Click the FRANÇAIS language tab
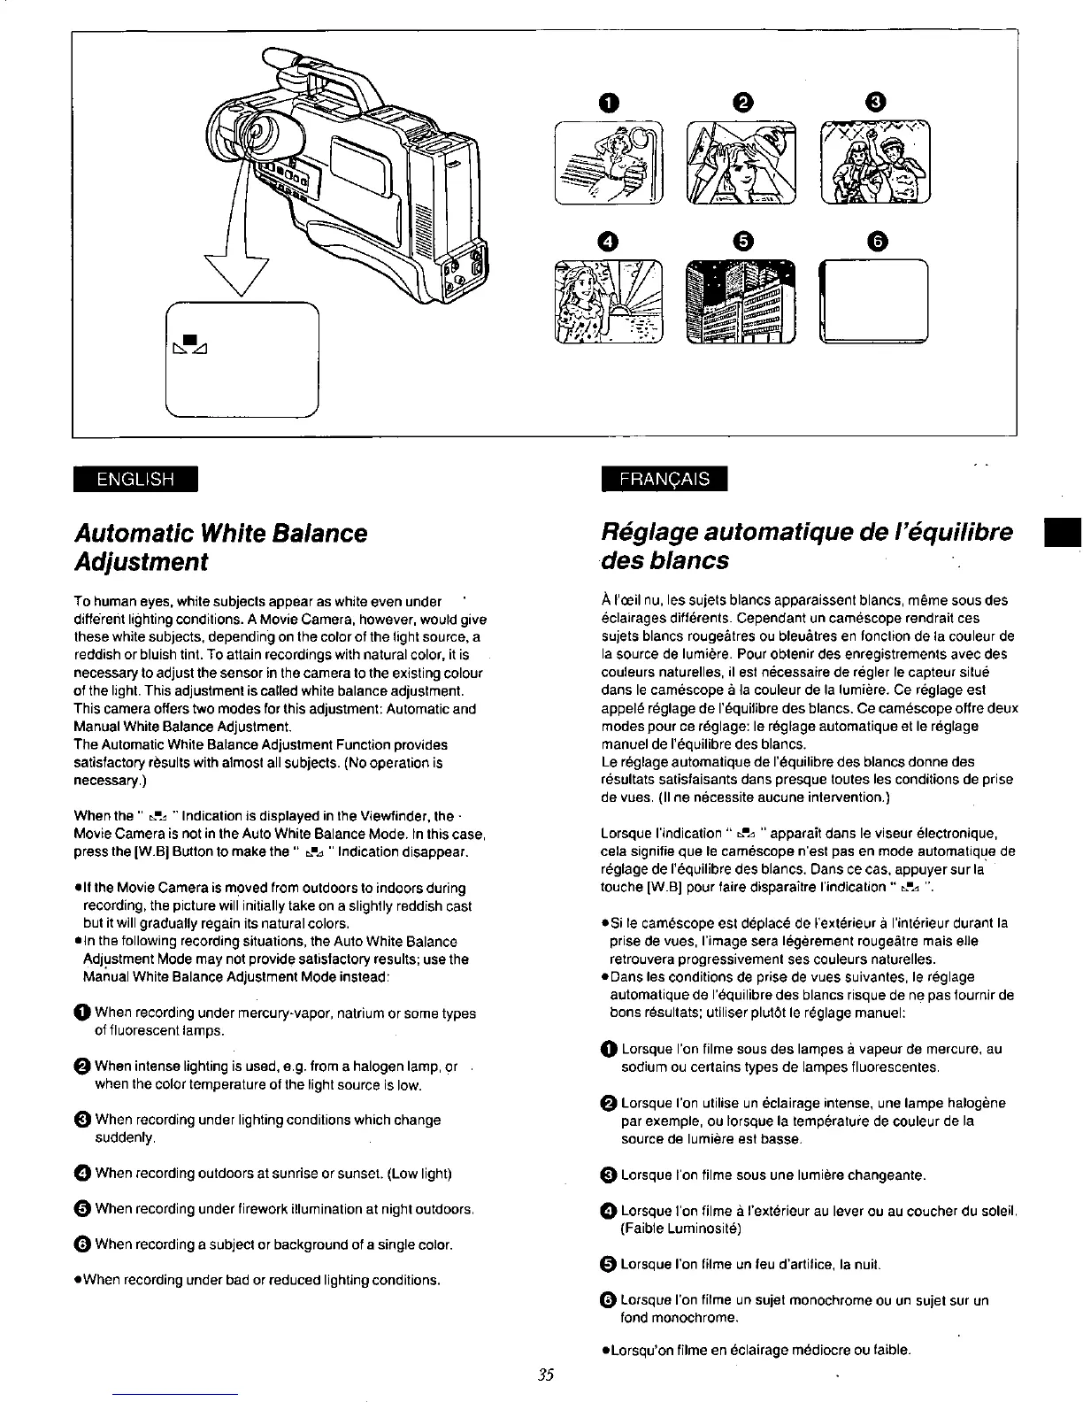[664, 479]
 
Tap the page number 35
[543, 1375]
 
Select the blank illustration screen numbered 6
[873, 301]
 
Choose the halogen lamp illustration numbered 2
[741, 162]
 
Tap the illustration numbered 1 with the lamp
[608, 162]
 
